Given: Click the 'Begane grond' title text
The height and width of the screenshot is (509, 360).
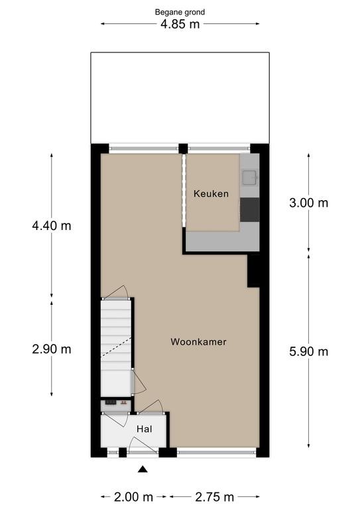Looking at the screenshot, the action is coord(180,13).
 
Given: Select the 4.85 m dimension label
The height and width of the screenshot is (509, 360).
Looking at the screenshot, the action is coord(180,24).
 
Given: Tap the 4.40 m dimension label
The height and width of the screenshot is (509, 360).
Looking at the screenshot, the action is coord(52,225).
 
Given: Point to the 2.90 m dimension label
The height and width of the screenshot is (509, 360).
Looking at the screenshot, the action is coord(52,349).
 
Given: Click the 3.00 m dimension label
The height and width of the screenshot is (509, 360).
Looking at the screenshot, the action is coord(309,203).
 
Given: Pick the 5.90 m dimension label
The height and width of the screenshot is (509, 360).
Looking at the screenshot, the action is coord(309,351).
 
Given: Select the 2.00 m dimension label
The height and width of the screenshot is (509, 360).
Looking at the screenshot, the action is coord(133,496).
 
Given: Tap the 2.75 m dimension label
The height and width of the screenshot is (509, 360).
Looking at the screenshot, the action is coord(215,496).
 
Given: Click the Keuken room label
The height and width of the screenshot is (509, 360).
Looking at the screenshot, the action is coord(211,194).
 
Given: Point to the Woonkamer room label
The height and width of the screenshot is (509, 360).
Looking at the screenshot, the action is coord(198,342).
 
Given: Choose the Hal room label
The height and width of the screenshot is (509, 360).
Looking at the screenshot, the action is coord(145,429).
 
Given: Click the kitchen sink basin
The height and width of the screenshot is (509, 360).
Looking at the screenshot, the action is coord(250,178).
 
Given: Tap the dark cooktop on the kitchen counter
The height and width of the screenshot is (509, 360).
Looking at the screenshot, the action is coord(250,209).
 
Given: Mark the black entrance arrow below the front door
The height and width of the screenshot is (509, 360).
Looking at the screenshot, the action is coord(143,469).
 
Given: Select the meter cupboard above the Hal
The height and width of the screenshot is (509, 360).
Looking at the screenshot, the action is coord(116,405).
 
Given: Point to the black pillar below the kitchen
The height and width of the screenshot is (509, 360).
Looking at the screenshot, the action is coord(253,270).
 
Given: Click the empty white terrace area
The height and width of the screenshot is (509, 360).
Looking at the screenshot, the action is coord(180,97).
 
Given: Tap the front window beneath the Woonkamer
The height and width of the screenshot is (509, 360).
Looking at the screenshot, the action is coord(217,452).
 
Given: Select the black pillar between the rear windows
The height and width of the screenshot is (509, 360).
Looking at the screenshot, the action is coord(184,148).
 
